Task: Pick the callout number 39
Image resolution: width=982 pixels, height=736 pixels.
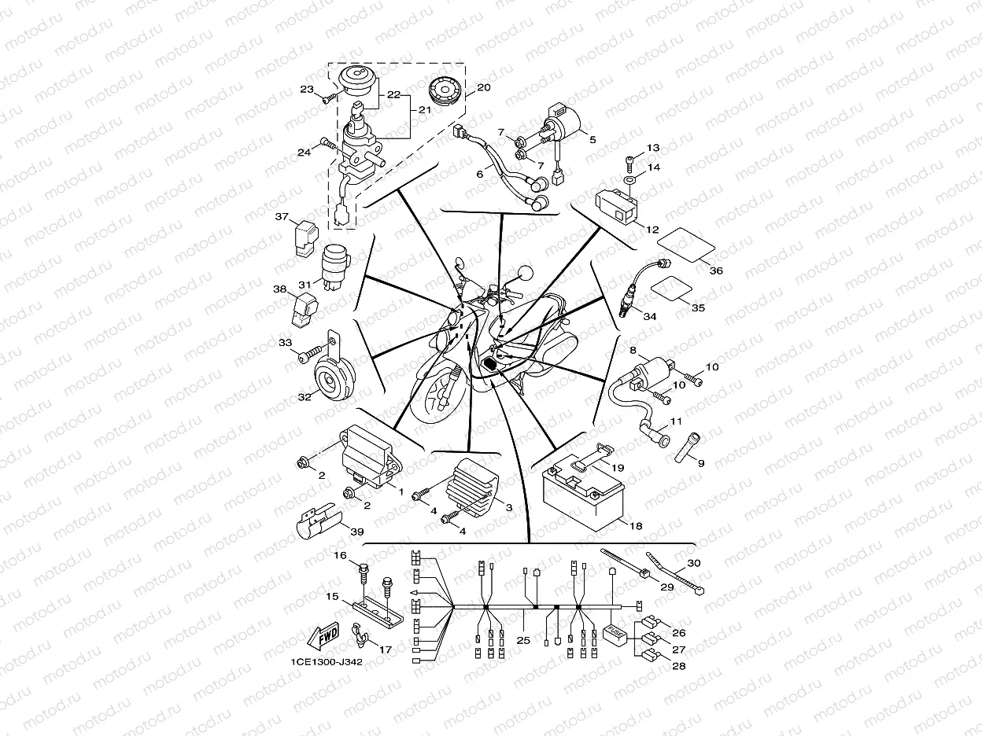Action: tap(356, 532)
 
